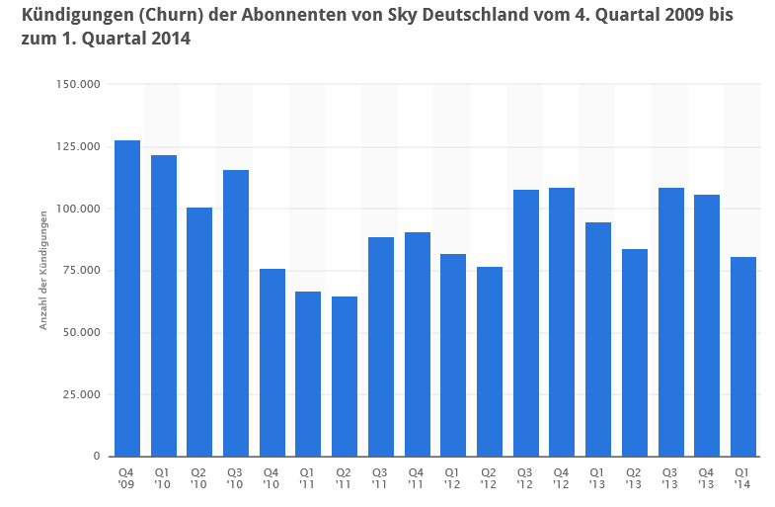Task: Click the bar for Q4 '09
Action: [x=127, y=298]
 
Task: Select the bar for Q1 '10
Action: [x=164, y=305]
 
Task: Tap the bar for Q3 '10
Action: [x=236, y=313]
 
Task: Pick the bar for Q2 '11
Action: [x=345, y=377]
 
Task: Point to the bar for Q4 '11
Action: [x=417, y=344]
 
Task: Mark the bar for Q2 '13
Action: [x=635, y=353]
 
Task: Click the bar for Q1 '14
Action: [x=743, y=357]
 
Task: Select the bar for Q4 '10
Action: [x=272, y=363]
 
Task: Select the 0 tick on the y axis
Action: [x=97, y=457]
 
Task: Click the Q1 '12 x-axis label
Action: [x=453, y=477]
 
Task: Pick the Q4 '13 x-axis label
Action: [x=707, y=477]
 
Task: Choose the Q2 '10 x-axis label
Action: [x=199, y=477]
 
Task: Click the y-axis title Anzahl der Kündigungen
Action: [x=43, y=271]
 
